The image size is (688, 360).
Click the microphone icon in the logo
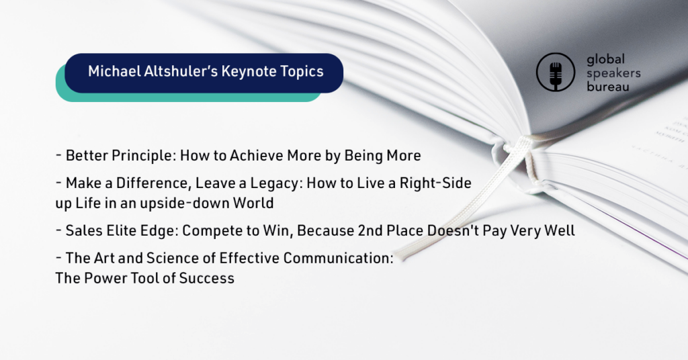556,73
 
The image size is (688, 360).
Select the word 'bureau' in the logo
607,87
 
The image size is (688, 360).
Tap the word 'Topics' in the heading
302,72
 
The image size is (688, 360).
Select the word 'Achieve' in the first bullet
257,156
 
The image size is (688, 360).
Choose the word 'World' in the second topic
253,203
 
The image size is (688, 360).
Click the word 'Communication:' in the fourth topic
339,259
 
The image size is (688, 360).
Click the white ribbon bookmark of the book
465,201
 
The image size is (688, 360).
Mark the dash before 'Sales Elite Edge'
58,230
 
